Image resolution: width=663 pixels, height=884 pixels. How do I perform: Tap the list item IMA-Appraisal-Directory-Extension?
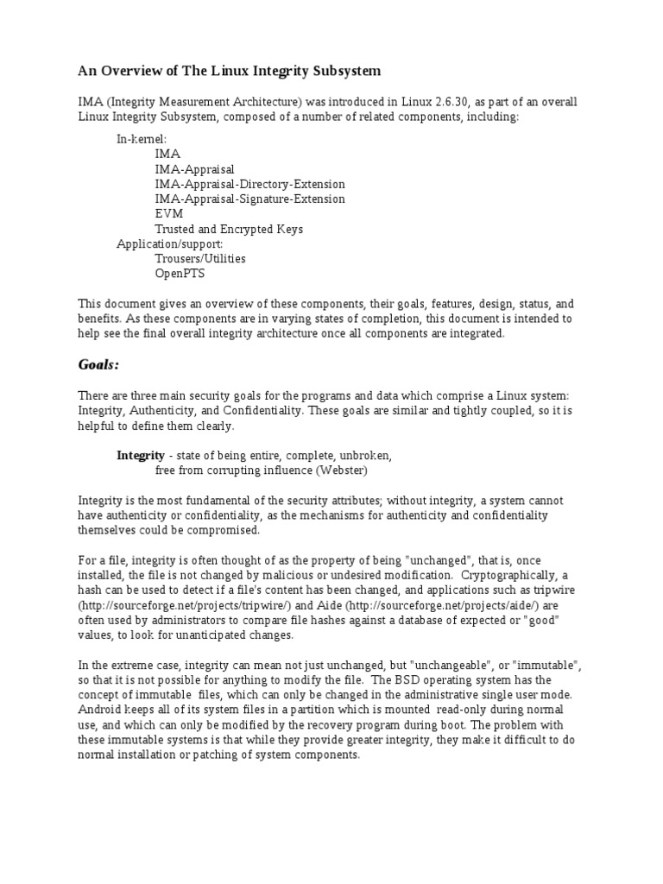tap(249, 184)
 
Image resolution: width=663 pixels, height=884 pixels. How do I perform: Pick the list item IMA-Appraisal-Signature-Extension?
tap(249, 199)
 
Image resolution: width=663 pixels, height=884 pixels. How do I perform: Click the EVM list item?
tap(169, 214)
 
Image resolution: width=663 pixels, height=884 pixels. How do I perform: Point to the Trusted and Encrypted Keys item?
tap(229, 230)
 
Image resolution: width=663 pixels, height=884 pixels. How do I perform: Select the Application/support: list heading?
tap(169, 244)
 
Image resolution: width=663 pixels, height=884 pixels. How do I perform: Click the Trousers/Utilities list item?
tap(200, 259)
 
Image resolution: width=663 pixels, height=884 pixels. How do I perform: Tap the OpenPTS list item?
tap(180, 274)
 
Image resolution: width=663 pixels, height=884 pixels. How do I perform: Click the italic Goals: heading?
tap(98, 365)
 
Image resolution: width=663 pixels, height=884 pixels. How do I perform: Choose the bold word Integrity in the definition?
tap(141, 455)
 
